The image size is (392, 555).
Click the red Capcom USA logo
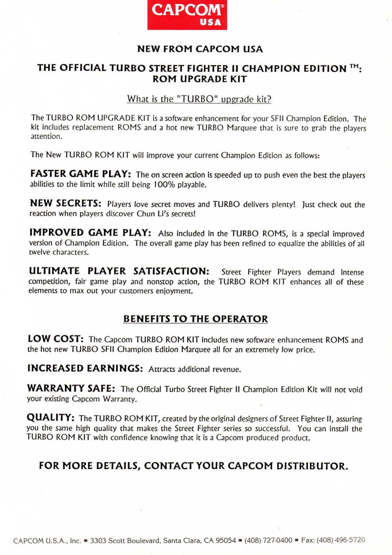[187, 15]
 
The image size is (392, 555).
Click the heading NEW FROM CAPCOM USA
[200, 49]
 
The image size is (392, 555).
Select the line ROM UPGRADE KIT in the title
[200, 79]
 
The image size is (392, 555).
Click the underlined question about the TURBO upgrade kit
[199, 99]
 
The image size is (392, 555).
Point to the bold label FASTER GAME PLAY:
[81, 174]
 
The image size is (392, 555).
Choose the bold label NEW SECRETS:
[65, 203]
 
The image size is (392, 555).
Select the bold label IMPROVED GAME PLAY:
[90, 233]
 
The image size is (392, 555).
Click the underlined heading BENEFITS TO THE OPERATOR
[196, 319]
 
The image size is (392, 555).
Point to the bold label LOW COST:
[56, 339]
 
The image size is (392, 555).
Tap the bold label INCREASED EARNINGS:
[85, 368]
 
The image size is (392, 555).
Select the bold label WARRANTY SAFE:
[71, 388]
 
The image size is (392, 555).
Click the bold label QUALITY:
[51, 417]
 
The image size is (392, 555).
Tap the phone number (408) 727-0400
[268, 540]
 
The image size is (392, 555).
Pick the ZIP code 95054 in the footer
[226, 540]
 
